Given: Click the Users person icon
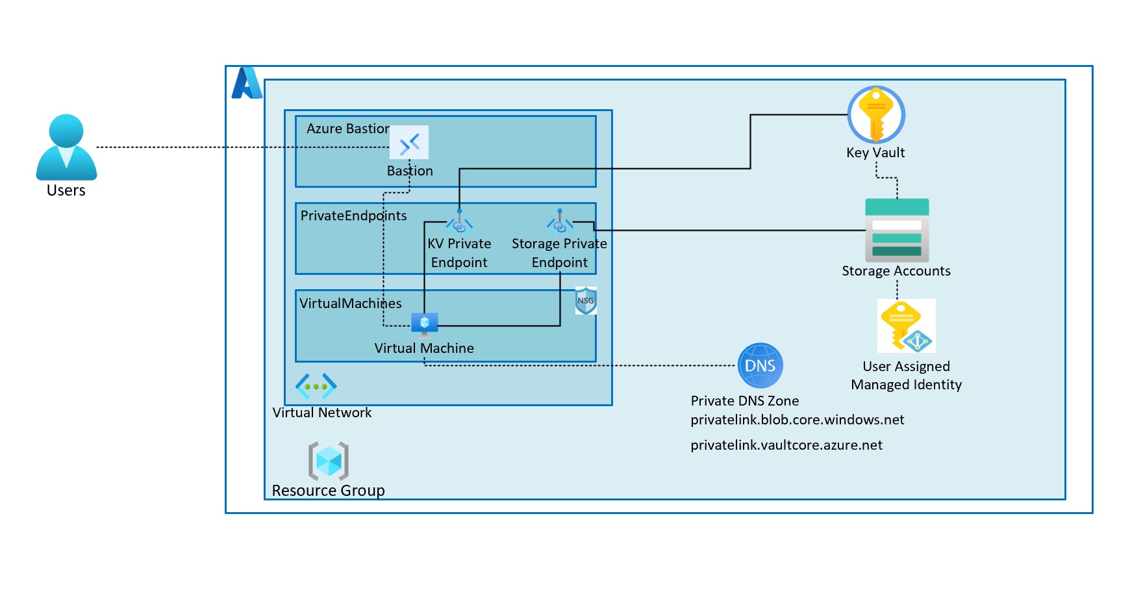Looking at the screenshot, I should pos(66,148).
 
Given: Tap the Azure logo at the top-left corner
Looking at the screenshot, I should pos(247,83).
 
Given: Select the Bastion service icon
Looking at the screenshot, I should pos(409,142).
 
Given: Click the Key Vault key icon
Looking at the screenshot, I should pos(876,115).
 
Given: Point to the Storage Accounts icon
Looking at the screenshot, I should pos(897,230).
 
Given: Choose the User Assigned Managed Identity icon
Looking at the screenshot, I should pos(906,326).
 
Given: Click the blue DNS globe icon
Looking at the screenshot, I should pos(760,365).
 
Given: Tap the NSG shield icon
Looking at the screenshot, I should pos(586,301).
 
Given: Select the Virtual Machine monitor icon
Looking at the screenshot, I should pos(425,323).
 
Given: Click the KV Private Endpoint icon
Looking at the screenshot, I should pos(459,224).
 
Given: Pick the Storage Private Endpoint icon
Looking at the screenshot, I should pos(560,223).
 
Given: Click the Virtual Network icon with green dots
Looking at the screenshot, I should pos(316,387).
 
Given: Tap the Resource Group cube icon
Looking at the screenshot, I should pos(329,461).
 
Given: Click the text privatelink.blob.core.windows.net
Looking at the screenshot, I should pos(797,420).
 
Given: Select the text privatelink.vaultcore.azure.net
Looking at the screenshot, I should pos(786,445).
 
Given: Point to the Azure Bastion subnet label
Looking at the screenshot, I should pos(348,129).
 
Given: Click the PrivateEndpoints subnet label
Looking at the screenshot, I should pos(353,216).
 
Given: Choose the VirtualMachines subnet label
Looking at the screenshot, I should pos(350,303).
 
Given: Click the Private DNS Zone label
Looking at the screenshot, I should pos(744,401).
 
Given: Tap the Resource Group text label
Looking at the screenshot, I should pos(328,491).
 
